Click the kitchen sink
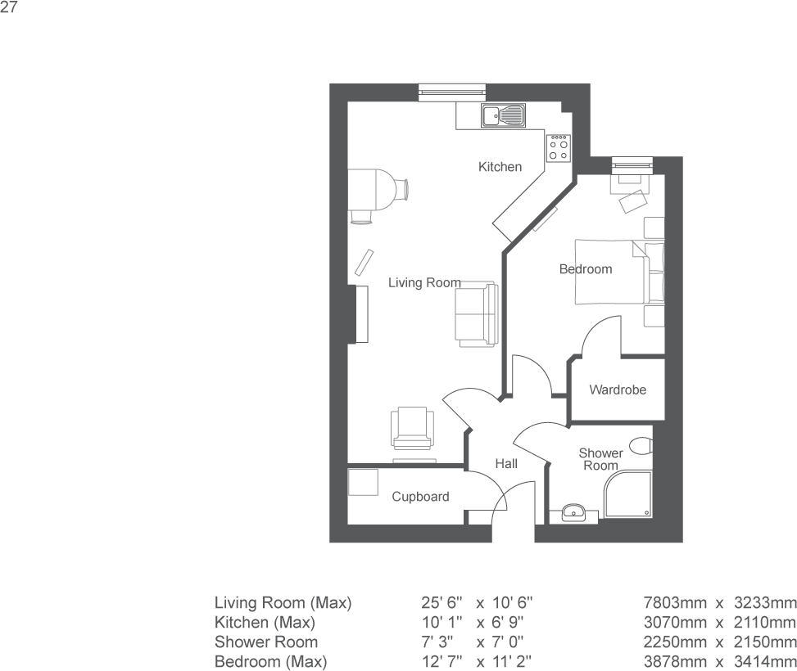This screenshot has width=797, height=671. coord(504,116)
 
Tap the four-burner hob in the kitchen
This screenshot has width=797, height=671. coord(559,147)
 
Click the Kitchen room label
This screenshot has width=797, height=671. coord(500,167)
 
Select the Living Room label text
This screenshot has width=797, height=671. coord(424,283)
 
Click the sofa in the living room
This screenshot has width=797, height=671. coord(475,313)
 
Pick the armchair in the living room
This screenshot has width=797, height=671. coord(413,428)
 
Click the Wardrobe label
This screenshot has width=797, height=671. coord(618,390)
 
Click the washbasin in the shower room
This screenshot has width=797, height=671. coord(574,513)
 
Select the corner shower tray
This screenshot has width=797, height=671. coord(628,495)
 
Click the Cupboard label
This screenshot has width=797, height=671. coord(420,497)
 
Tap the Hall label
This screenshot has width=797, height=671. coord(506,464)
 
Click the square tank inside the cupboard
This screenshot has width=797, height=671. coord(361,482)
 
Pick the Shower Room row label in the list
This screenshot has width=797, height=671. coord(265,642)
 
